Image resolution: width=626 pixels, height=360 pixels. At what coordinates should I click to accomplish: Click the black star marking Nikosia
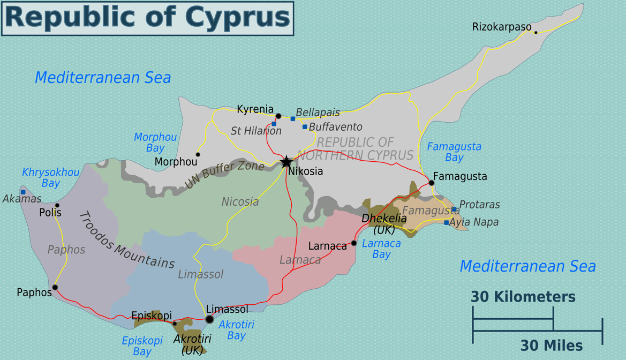coord(286,161)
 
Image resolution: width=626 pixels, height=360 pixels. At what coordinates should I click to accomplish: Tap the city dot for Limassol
coord(209,319)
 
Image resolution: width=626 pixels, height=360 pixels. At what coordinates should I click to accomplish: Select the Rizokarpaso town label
coord(502,27)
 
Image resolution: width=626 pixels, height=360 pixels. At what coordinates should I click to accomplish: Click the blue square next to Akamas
coord(23,192)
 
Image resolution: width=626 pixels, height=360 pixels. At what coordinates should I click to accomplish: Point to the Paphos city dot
coord(55,288)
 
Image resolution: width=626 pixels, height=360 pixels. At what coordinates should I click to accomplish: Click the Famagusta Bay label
coord(454,152)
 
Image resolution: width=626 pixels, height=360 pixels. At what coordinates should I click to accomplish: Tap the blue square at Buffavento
coord(305,127)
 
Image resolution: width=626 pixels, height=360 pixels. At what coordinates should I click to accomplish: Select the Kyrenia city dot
coord(278,116)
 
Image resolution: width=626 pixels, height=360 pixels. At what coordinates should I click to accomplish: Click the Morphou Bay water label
coord(155,142)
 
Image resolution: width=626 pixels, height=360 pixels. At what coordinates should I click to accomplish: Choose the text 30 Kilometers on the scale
coord(523,297)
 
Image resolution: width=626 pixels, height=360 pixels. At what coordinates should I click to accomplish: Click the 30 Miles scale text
coord(552,346)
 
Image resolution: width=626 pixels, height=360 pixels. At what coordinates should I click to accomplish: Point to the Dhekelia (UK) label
coord(384,224)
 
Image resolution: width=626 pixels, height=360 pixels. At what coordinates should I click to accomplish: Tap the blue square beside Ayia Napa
coord(446,222)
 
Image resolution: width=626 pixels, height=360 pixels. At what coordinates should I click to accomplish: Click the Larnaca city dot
coord(354,243)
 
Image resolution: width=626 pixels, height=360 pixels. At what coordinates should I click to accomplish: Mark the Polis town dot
coord(57,205)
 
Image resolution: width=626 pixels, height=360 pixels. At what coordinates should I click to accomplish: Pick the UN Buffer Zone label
coord(224,175)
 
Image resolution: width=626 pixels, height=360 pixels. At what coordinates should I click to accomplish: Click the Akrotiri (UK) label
coord(192,344)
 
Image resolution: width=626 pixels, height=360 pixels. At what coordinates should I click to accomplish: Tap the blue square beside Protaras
coord(454,209)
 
